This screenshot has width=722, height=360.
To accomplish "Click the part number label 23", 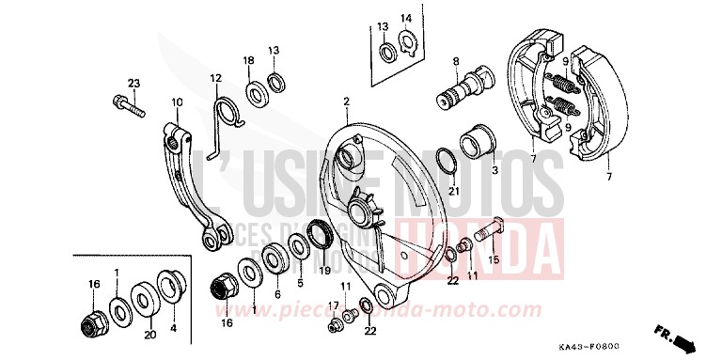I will pyautogui.click(x=133, y=84).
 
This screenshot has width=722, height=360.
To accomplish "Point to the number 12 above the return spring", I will pyautogui.click(x=215, y=78).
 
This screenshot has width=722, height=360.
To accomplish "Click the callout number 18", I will pyautogui.click(x=249, y=60).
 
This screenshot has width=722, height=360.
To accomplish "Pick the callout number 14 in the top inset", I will pyautogui.click(x=406, y=19).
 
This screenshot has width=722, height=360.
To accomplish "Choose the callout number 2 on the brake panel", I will pyautogui.click(x=346, y=101).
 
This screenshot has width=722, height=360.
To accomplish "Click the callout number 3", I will pyautogui.click(x=495, y=172).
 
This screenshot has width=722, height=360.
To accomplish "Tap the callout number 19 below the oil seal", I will pyautogui.click(x=324, y=270).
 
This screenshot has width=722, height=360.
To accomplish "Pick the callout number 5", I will pyautogui.click(x=300, y=281).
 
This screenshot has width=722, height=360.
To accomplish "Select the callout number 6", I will pyautogui.click(x=278, y=294).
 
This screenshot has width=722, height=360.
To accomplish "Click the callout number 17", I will pyautogui.click(x=332, y=305).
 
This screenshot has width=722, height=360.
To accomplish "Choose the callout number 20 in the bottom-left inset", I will pyautogui.click(x=148, y=333).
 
